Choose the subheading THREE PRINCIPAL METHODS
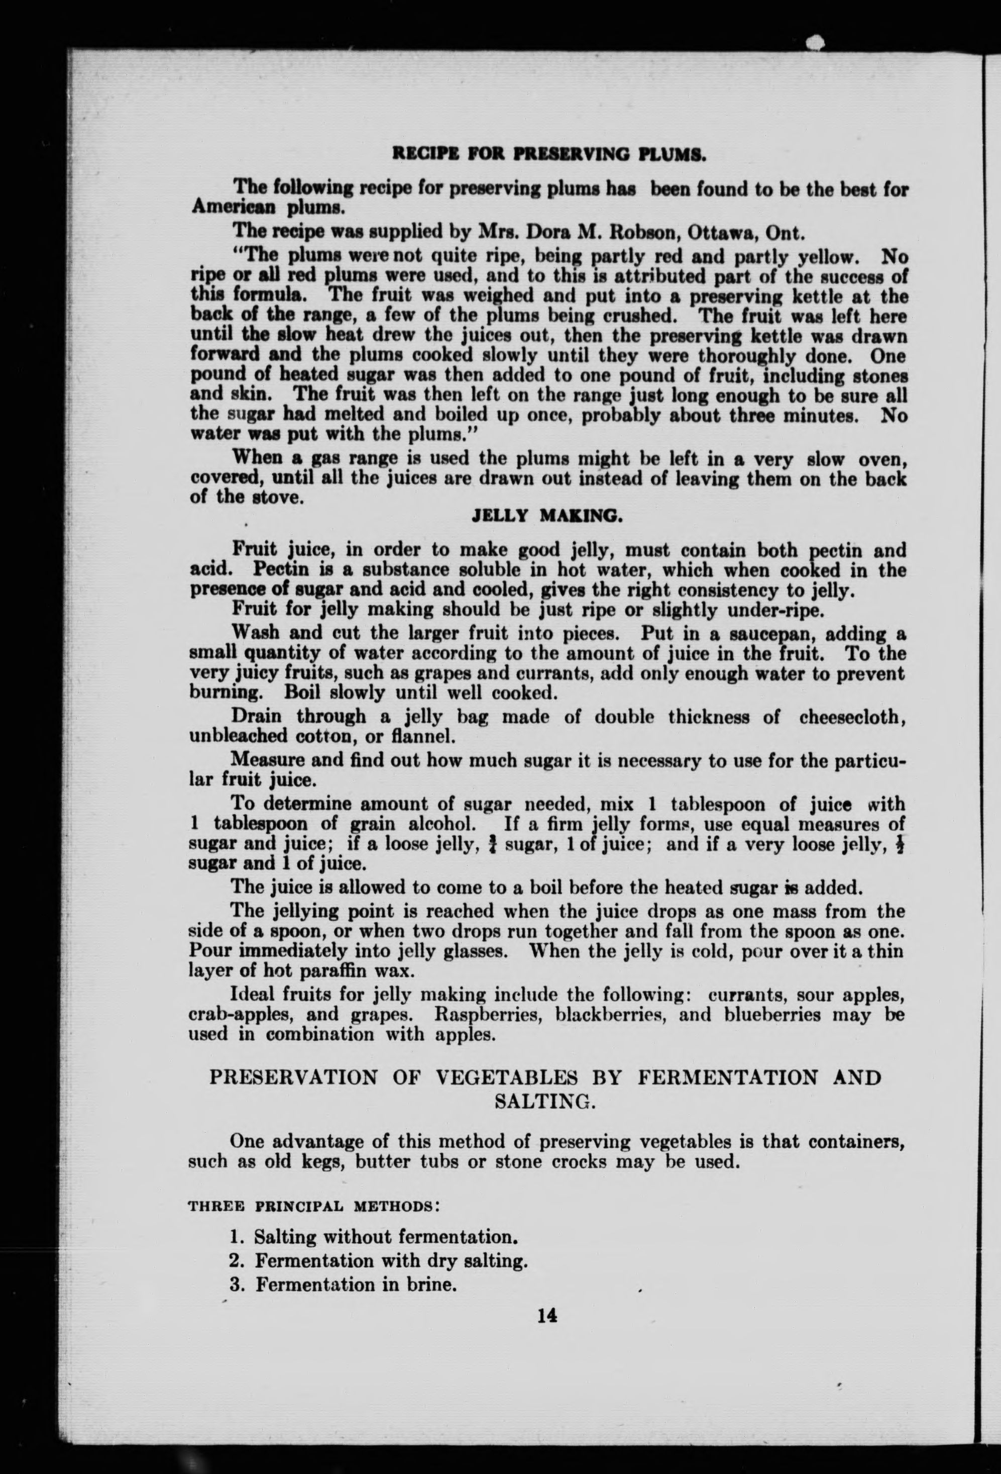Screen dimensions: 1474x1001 (314, 1205)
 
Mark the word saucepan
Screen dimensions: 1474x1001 (766, 634)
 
